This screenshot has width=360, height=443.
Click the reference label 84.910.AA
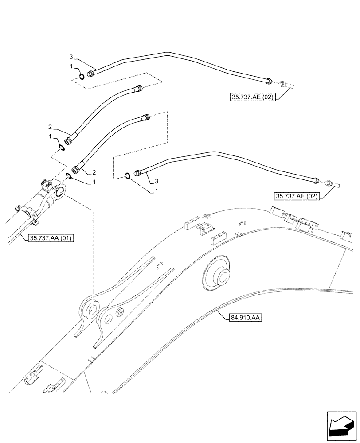tap(246, 317)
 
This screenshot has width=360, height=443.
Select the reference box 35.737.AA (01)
tap(51, 238)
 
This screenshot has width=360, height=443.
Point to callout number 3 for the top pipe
tap(71, 57)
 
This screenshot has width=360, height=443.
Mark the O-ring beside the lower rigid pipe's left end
tap(127, 176)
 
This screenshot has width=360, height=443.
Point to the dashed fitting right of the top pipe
tap(282, 84)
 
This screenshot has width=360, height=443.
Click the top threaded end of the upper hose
tap(139, 89)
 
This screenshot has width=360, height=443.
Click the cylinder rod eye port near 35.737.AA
tap(60, 191)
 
